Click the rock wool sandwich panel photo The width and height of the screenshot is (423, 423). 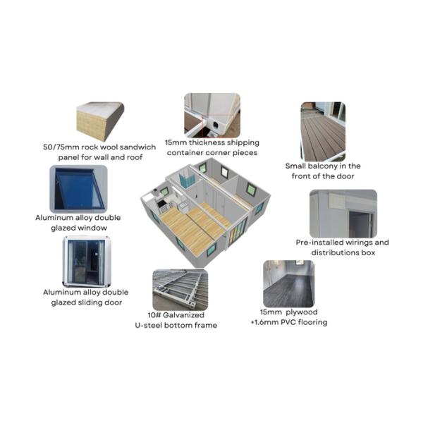tap(100, 121)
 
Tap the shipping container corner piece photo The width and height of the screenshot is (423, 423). tap(212, 116)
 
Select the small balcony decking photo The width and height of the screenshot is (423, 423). tap(323, 132)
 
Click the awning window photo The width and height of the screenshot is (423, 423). tap(78, 189)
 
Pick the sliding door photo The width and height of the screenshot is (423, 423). tap(87, 262)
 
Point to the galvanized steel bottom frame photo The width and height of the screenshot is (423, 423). tap(180, 290)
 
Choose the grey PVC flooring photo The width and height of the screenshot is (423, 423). tap(288, 284)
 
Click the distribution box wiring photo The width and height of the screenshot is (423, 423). tap(343, 214)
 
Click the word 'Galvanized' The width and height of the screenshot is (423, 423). tap(183, 315)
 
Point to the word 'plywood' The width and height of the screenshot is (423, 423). tap(302, 312)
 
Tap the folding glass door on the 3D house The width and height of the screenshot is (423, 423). tap(238, 231)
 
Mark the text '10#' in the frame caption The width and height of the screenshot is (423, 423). tap(154, 315)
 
